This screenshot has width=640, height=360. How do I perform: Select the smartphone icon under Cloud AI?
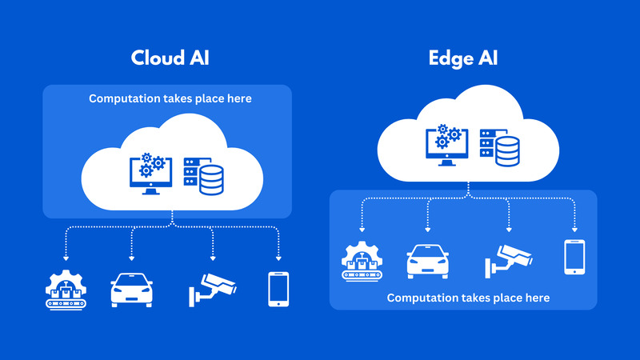[278, 289]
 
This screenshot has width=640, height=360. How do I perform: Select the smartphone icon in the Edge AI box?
[574, 258]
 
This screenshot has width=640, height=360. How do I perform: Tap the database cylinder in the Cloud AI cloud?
[211, 180]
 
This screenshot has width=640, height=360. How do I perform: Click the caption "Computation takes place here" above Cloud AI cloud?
[170, 99]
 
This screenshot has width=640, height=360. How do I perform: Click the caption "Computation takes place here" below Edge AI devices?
[468, 298]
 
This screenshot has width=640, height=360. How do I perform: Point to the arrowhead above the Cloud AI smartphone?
[278, 258]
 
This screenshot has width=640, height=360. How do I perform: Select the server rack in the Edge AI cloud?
[486, 143]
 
